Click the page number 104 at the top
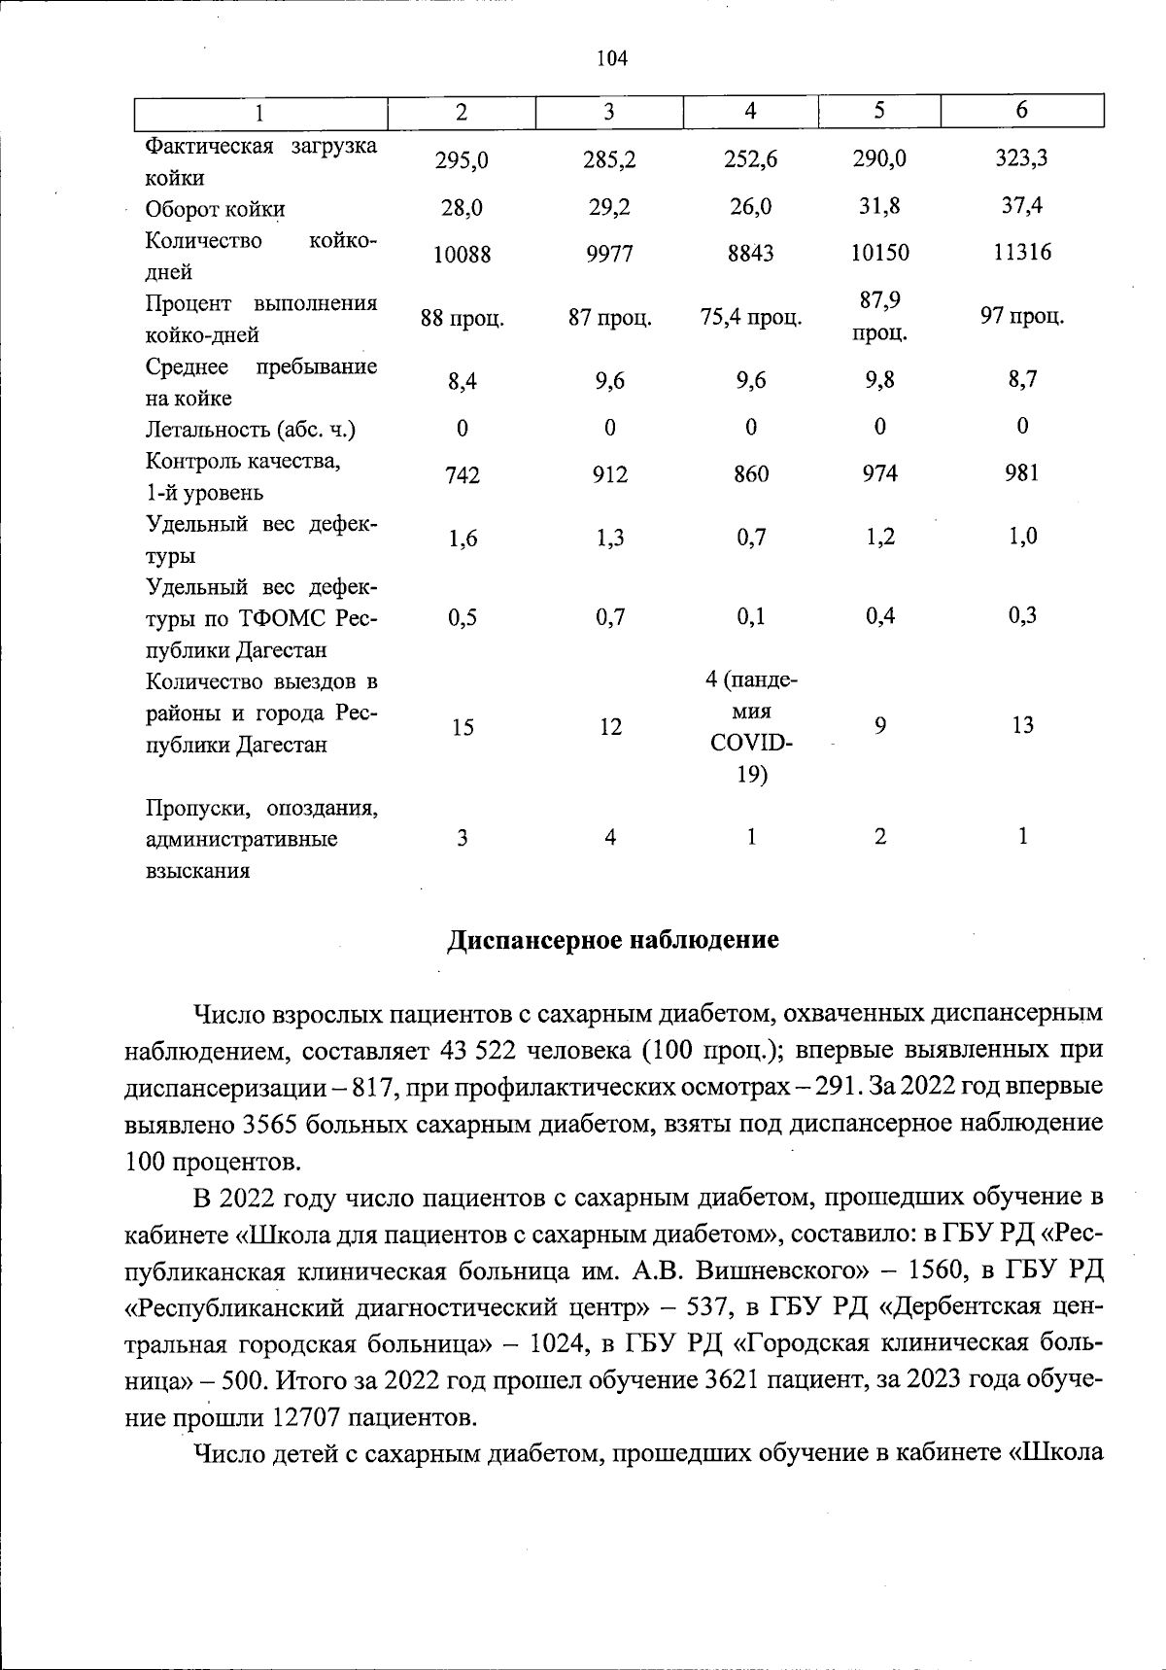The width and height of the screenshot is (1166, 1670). (x=611, y=58)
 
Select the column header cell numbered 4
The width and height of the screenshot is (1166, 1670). (x=750, y=112)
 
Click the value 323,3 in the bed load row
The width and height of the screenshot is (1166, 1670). (x=1021, y=158)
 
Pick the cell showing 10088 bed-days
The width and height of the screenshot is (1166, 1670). (x=462, y=255)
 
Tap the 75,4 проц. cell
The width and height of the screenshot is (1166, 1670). (x=750, y=317)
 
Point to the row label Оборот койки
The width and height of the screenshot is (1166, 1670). (x=215, y=210)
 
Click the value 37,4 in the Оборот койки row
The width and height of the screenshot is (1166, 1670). (x=1021, y=206)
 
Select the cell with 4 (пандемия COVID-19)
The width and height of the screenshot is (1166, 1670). (x=750, y=727)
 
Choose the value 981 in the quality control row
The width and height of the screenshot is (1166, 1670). (x=1021, y=473)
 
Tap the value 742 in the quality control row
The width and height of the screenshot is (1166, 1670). (x=462, y=475)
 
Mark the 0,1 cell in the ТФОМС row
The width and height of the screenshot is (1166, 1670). (x=750, y=616)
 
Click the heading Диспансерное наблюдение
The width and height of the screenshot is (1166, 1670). (x=612, y=941)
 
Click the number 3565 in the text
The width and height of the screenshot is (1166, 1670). (x=268, y=1124)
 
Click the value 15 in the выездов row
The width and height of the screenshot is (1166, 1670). (x=462, y=727)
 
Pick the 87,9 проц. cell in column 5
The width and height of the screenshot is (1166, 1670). (x=879, y=317)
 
